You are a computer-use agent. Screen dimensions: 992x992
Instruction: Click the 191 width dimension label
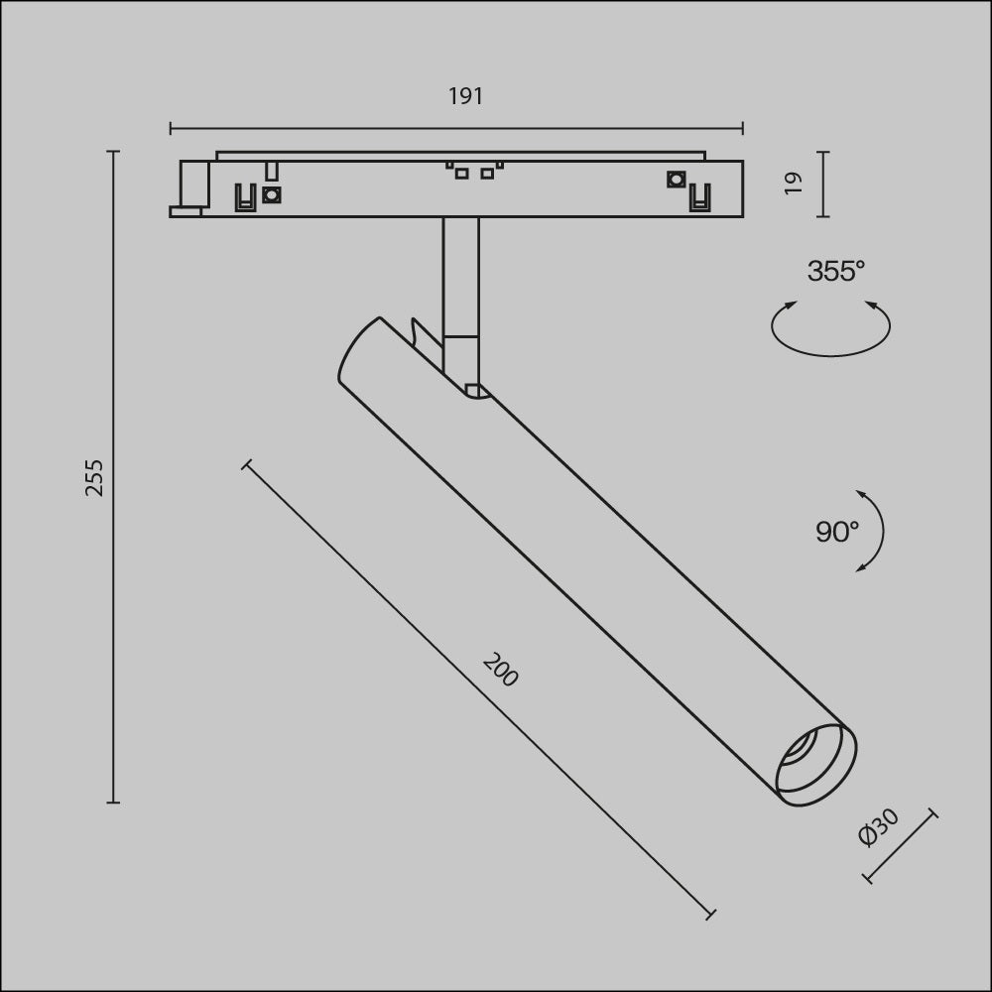point(465,96)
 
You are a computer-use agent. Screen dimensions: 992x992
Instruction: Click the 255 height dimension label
point(94,477)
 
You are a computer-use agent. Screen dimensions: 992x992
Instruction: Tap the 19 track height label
point(793,183)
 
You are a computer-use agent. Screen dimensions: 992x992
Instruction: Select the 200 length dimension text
point(500,671)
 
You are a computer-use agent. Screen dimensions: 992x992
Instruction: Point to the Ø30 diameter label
point(878,827)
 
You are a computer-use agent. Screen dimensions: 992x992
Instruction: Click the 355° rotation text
point(835,271)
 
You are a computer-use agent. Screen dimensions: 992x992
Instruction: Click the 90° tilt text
point(836,532)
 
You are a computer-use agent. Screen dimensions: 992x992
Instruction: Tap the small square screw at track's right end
point(676,179)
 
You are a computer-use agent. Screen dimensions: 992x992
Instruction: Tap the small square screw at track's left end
point(271,194)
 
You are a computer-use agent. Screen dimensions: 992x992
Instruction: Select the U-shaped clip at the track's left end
point(242,198)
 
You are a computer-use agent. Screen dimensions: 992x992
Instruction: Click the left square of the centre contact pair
point(461,174)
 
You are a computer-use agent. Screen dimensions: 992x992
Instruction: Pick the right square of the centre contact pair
point(487,174)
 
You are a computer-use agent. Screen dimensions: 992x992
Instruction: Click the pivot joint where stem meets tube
point(474,389)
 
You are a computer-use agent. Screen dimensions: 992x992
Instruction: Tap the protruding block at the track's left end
point(192,184)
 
